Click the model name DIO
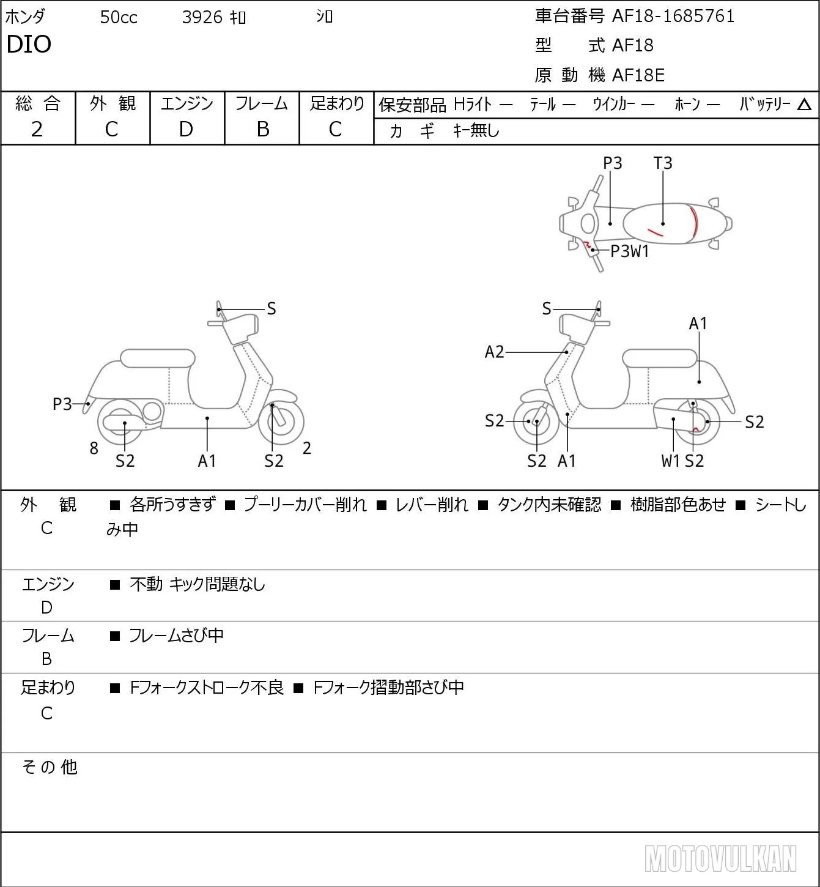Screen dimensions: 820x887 (29, 44)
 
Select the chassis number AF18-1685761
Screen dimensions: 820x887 (673, 17)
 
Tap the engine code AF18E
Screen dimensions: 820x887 (638, 75)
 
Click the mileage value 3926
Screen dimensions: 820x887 (202, 17)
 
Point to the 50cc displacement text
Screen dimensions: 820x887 (119, 17)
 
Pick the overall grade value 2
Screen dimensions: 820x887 (37, 129)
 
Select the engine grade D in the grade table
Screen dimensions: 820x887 (187, 129)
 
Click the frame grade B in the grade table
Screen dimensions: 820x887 (262, 129)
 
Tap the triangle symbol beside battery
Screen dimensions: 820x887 (804, 105)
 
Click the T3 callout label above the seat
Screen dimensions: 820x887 (663, 163)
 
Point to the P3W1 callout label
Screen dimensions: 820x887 (630, 251)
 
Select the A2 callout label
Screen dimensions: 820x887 (495, 352)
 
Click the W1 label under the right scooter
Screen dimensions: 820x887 (670, 461)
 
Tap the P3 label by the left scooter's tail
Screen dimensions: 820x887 (62, 404)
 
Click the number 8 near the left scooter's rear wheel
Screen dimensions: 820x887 (94, 448)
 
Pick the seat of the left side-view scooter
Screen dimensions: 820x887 (158, 358)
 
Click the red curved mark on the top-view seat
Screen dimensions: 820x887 (695, 222)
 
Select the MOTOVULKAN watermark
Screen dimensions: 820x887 (720, 858)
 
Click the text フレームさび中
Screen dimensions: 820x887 (176, 636)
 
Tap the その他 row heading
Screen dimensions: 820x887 (50, 767)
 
